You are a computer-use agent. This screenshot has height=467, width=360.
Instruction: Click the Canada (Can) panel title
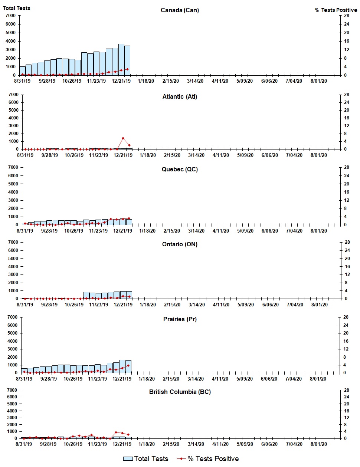[x=180, y=10]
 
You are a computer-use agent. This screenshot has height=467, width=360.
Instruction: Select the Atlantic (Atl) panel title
[x=180, y=96]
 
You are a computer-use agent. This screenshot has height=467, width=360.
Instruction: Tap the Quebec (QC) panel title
[x=180, y=169]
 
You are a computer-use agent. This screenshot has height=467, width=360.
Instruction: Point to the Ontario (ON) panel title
[x=180, y=244]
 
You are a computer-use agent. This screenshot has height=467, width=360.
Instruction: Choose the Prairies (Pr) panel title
[x=180, y=319]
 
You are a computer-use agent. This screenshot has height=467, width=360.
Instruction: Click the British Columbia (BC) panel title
[x=180, y=392]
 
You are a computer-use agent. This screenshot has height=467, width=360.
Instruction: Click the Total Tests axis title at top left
[x=17, y=8]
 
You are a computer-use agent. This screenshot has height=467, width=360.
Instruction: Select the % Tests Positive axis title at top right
[x=336, y=10]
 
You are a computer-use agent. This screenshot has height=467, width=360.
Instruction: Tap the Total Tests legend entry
[x=146, y=459]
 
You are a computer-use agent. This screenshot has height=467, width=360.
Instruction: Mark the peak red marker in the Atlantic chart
[x=123, y=138]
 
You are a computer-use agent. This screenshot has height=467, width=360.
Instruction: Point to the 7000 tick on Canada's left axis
[x=11, y=16]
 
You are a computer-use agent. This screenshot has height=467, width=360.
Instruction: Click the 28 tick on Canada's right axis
[x=346, y=16]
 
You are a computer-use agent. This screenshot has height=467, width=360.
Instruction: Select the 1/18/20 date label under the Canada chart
[x=146, y=81]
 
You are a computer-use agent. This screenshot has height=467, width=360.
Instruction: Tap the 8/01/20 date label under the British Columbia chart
[x=318, y=444]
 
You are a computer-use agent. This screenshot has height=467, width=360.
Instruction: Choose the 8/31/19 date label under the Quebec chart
[x=25, y=231]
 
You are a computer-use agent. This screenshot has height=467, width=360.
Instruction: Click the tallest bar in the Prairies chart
[x=122, y=366]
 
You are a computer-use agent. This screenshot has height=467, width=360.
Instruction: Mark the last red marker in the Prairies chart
[x=128, y=365]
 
